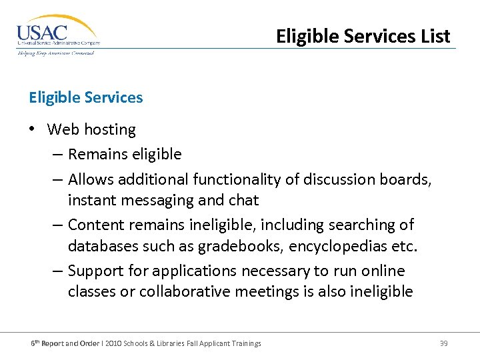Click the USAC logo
(58, 35)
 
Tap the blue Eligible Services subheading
(86, 97)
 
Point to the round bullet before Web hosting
(33, 129)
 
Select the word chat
(243, 200)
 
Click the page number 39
(443, 343)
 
